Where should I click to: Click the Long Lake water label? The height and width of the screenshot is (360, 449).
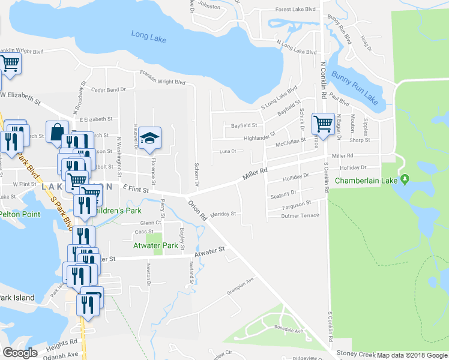pos(149,35)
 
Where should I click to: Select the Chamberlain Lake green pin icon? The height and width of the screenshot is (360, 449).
pos(405,179)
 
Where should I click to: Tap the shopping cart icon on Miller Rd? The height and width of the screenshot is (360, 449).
pos(324,124)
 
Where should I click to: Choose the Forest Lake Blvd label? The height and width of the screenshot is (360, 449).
pos(295,10)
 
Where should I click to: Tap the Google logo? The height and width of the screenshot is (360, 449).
pos(20,353)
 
